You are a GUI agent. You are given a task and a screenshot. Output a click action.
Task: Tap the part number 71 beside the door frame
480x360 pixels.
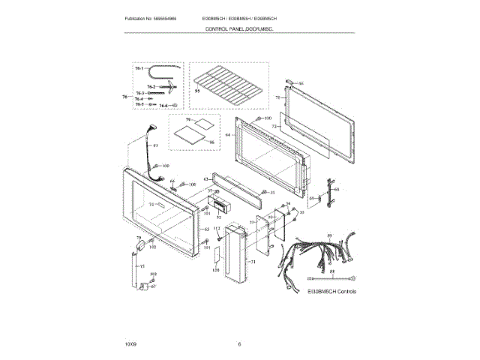tap(277, 97)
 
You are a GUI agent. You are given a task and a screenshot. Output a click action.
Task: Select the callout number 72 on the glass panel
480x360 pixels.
tap(274, 127)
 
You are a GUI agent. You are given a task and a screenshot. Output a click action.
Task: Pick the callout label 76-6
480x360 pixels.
tap(163, 106)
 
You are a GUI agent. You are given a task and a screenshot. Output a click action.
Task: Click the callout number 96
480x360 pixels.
tap(212, 142)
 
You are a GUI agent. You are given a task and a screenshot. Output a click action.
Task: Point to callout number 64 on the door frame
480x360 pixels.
tap(227, 134)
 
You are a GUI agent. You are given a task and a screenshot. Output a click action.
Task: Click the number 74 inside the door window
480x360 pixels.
tap(151, 205)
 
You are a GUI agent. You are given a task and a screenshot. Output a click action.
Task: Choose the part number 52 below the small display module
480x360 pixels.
tap(219, 217)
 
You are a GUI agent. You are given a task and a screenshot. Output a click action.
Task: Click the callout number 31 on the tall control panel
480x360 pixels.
tap(253, 262)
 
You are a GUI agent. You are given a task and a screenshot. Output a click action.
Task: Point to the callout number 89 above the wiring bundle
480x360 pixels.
tap(328, 235)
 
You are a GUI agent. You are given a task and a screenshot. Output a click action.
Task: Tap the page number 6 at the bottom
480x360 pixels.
tap(239, 344)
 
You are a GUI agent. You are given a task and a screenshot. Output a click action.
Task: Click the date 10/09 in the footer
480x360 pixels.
tap(130, 344)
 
